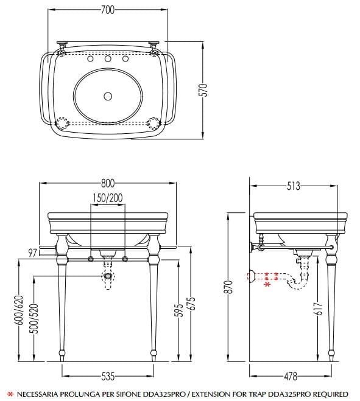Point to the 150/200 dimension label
pyautogui.click(x=107, y=198)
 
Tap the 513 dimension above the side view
pyautogui.click(x=294, y=186)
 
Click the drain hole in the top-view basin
pyautogui.click(x=108, y=96)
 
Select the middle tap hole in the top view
pyautogui.click(x=108, y=60)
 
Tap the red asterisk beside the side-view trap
pyautogui.click(x=266, y=284)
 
